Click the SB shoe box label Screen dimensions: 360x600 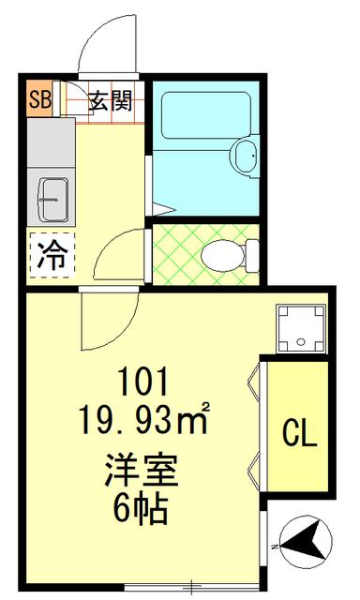pos(39,99)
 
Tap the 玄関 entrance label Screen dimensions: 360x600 pos(111,101)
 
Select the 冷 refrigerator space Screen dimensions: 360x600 pos(52,255)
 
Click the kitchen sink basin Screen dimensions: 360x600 pos(53,200)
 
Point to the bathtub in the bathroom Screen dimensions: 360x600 pos(205,114)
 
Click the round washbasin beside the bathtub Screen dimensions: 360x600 pos(246,156)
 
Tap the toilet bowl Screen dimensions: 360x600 pos(224,256)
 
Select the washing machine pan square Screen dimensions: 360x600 pos(301,328)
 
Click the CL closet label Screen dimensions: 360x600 pos(300,434)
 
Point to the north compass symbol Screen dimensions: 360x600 pos(305,542)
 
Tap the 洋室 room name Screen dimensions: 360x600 pos(142,470)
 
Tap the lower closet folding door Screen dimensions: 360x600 pos(254,469)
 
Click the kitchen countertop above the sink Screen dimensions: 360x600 pos(51,142)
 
